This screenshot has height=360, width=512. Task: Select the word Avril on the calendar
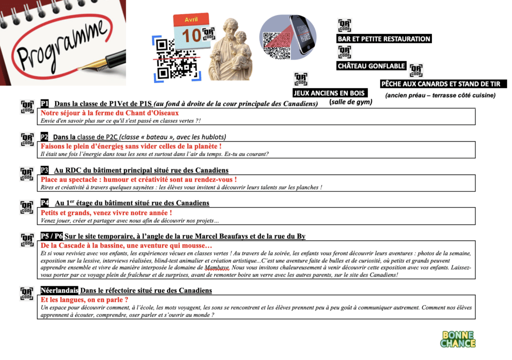[x=191, y=19]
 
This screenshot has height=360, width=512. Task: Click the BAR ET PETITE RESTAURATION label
[x=383, y=39]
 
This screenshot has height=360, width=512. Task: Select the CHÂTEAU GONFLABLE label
[x=371, y=66]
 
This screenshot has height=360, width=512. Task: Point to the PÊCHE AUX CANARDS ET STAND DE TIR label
[x=443, y=84]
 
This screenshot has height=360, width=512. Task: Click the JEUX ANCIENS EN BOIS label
[x=330, y=93]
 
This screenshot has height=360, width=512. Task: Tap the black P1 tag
[x=45, y=103]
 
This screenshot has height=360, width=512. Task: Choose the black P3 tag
[x=45, y=170]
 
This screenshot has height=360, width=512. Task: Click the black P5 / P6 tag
[x=51, y=236]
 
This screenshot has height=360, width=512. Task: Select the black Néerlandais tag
[x=59, y=290]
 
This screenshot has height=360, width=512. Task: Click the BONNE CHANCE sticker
[x=457, y=338]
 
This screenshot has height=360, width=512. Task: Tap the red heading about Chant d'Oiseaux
[x=109, y=113]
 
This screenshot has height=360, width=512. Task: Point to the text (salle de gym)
[x=351, y=102]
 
